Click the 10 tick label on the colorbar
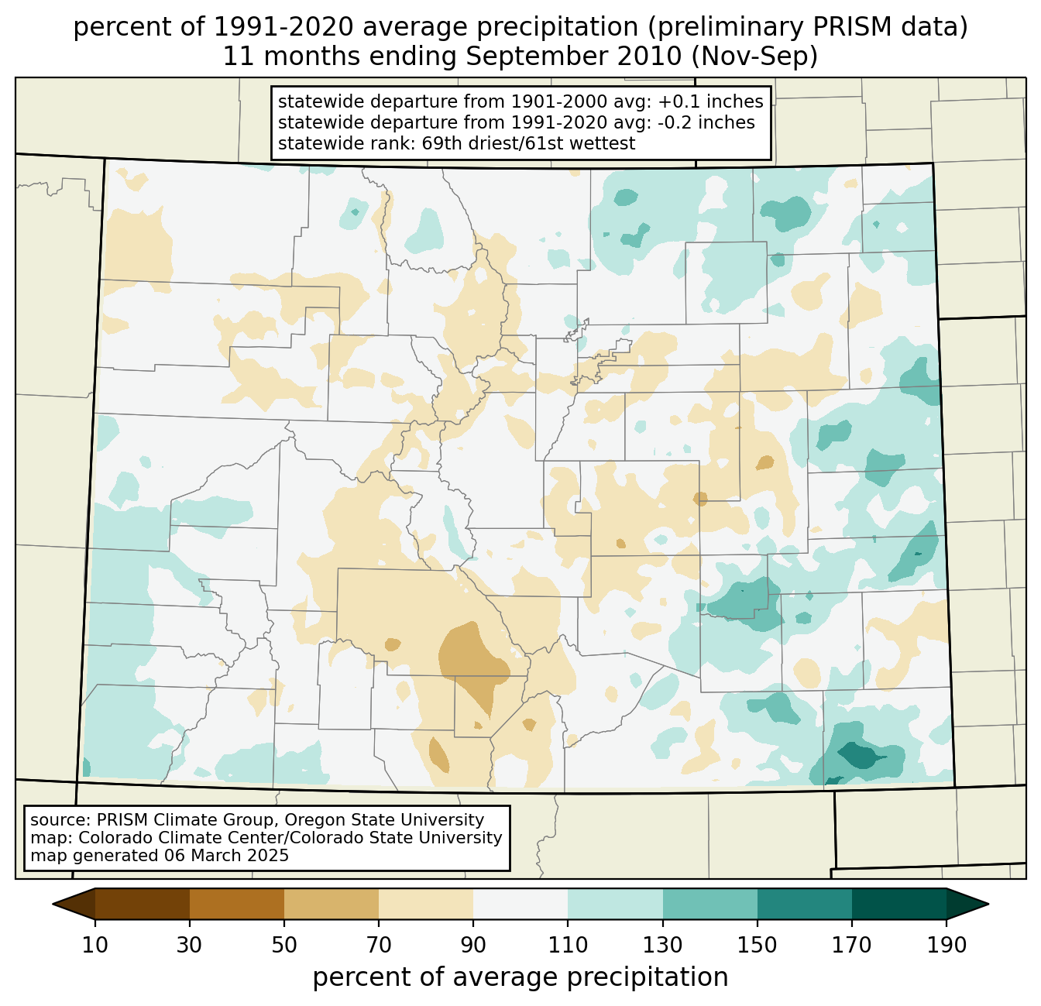[x=95, y=945]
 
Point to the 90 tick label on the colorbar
[x=473, y=945]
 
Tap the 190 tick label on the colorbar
[x=947, y=945]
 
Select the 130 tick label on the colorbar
[x=663, y=945]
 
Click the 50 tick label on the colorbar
[x=284, y=945]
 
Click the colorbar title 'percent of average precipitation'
[x=520, y=977]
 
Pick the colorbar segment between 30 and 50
[x=237, y=904]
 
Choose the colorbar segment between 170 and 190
[x=899, y=904]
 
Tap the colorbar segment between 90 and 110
[x=520, y=904]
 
